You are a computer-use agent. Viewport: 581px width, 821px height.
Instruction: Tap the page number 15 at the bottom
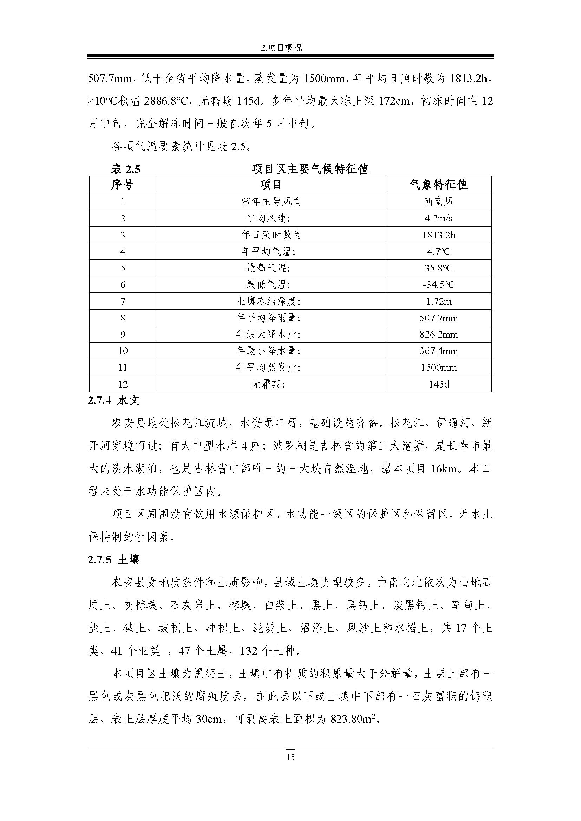pyautogui.click(x=290, y=757)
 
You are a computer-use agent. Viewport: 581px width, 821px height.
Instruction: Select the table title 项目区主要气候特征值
pyautogui.click(x=310, y=169)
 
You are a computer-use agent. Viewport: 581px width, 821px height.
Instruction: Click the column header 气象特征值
pyautogui.click(x=439, y=185)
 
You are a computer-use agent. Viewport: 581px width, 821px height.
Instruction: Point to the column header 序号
pyautogui.click(x=122, y=185)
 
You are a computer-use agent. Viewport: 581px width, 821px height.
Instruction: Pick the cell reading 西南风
pyautogui.click(x=439, y=202)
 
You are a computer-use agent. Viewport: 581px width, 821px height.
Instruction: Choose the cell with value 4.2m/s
pyautogui.click(x=439, y=218)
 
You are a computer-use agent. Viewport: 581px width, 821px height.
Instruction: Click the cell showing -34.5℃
pyautogui.click(x=439, y=285)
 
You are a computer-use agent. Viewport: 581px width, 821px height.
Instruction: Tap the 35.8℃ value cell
pyautogui.click(x=439, y=268)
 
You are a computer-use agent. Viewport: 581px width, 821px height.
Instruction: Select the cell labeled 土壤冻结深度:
pyautogui.click(x=268, y=302)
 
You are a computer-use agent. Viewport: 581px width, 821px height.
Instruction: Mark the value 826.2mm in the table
pyautogui.click(x=439, y=335)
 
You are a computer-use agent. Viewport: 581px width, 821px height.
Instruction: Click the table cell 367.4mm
pyautogui.click(x=439, y=351)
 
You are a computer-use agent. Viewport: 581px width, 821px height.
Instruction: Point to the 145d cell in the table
pyautogui.click(x=439, y=384)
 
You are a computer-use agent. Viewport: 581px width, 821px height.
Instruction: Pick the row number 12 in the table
pyautogui.click(x=123, y=384)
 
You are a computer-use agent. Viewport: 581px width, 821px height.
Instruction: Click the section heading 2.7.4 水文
pyautogui.click(x=113, y=400)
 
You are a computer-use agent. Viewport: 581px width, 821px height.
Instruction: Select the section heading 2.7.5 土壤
pyautogui.click(x=113, y=560)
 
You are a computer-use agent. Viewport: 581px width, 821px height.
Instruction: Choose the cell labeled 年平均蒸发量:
pyautogui.click(x=268, y=367)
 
